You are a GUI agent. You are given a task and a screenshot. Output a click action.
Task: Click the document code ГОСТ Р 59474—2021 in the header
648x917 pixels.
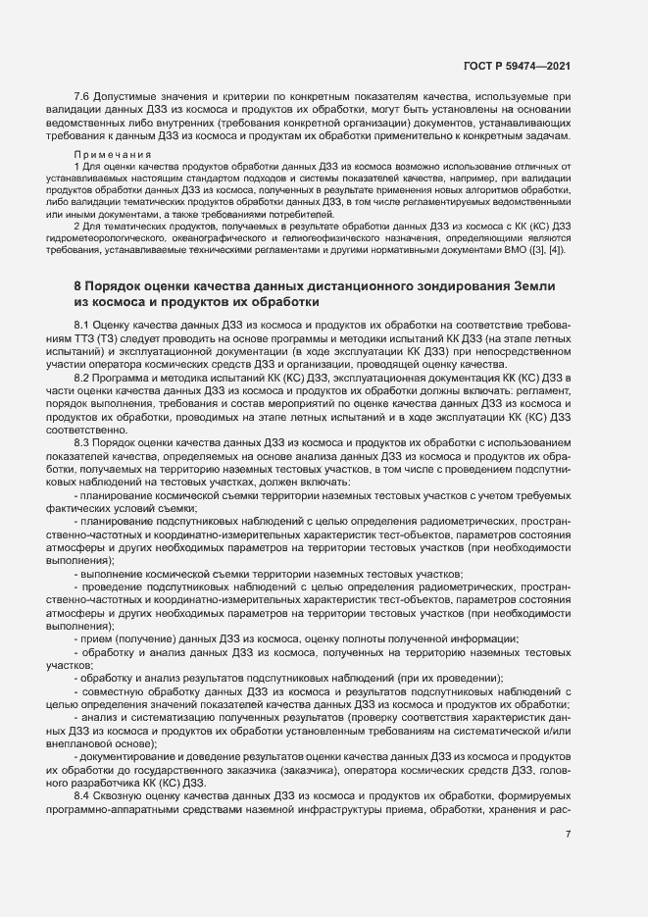(x=517, y=66)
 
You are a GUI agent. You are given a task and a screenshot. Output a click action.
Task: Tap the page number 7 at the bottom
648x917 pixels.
(x=569, y=834)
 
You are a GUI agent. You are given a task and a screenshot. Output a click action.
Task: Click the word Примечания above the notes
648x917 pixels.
(x=112, y=155)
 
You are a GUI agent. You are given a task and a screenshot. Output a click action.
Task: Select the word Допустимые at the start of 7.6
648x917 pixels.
(x=124, y=98)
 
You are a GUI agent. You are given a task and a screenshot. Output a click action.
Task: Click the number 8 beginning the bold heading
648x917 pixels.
(x=77, y=285)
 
